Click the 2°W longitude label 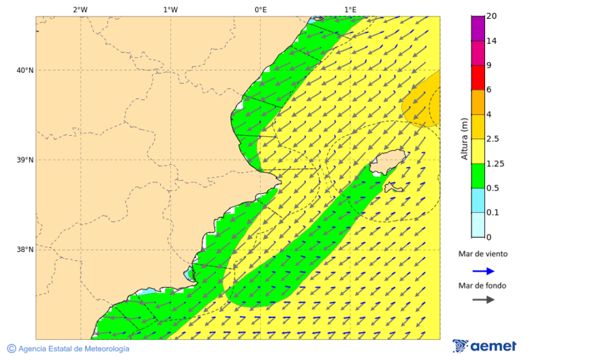pos(80,9)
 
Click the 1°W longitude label pos(170,9)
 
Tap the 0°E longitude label pos(260,9)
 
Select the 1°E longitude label pos(350,9)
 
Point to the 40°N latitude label pos(25,70)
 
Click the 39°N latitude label pos(25,160)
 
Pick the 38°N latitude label pos(25,250)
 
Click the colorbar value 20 pos(492,16)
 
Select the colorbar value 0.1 pos(493,213)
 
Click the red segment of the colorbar pos(478,78)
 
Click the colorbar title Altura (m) pos(464,138)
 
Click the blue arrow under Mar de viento pos(483,271)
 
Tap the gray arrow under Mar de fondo pos(483,300)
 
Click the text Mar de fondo pos(482,286)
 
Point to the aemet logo pos(484,346)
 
